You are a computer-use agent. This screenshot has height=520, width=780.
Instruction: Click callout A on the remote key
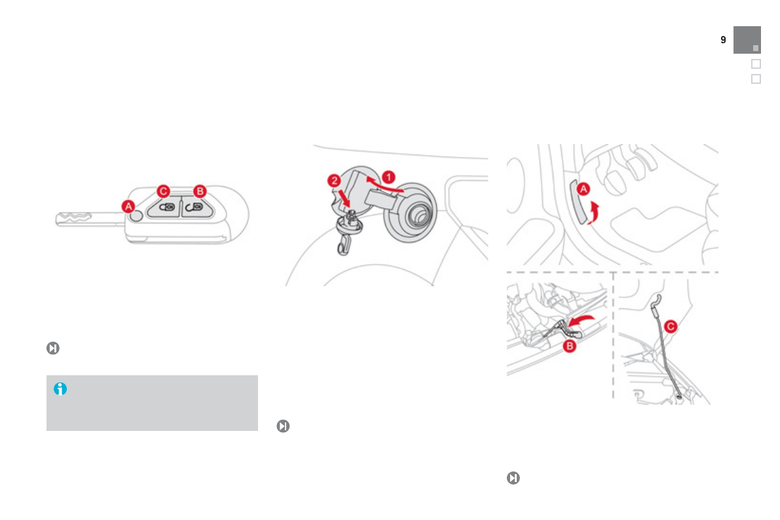pyautogui.click(x=130, y=206)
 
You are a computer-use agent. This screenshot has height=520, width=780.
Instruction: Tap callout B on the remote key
pyautogui.click(x=200, y=191)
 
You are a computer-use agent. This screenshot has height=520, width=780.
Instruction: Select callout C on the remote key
pyautogui.click(x=164, y=191)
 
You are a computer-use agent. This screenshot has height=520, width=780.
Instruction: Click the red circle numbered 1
pyautogui.click(x=388, y=176)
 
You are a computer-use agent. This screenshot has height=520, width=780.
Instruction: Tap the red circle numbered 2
pyautogui.click(x=335, y=180)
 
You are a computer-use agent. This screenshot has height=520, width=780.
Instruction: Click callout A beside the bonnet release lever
pyautogui.click(x=582, y=190)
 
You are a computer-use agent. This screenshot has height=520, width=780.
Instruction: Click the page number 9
pyautogui.click(x=723, y=40)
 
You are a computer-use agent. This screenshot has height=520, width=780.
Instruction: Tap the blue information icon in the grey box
pyautogui.click(x=60, y=389)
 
